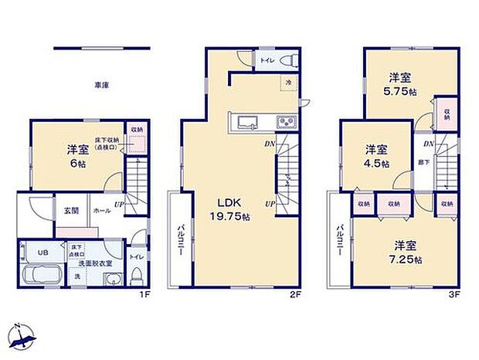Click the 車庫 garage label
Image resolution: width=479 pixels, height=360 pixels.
click(101, 85)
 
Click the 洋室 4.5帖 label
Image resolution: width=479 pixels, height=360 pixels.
click(377, 155)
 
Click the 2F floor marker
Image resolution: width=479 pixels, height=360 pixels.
click(297, 294)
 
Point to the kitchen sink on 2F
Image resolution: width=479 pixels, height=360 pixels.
click(246, 123)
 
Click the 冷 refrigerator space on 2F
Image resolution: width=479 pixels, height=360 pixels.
click(287, 83)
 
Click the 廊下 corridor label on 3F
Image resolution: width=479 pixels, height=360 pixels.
click(423, 161)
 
